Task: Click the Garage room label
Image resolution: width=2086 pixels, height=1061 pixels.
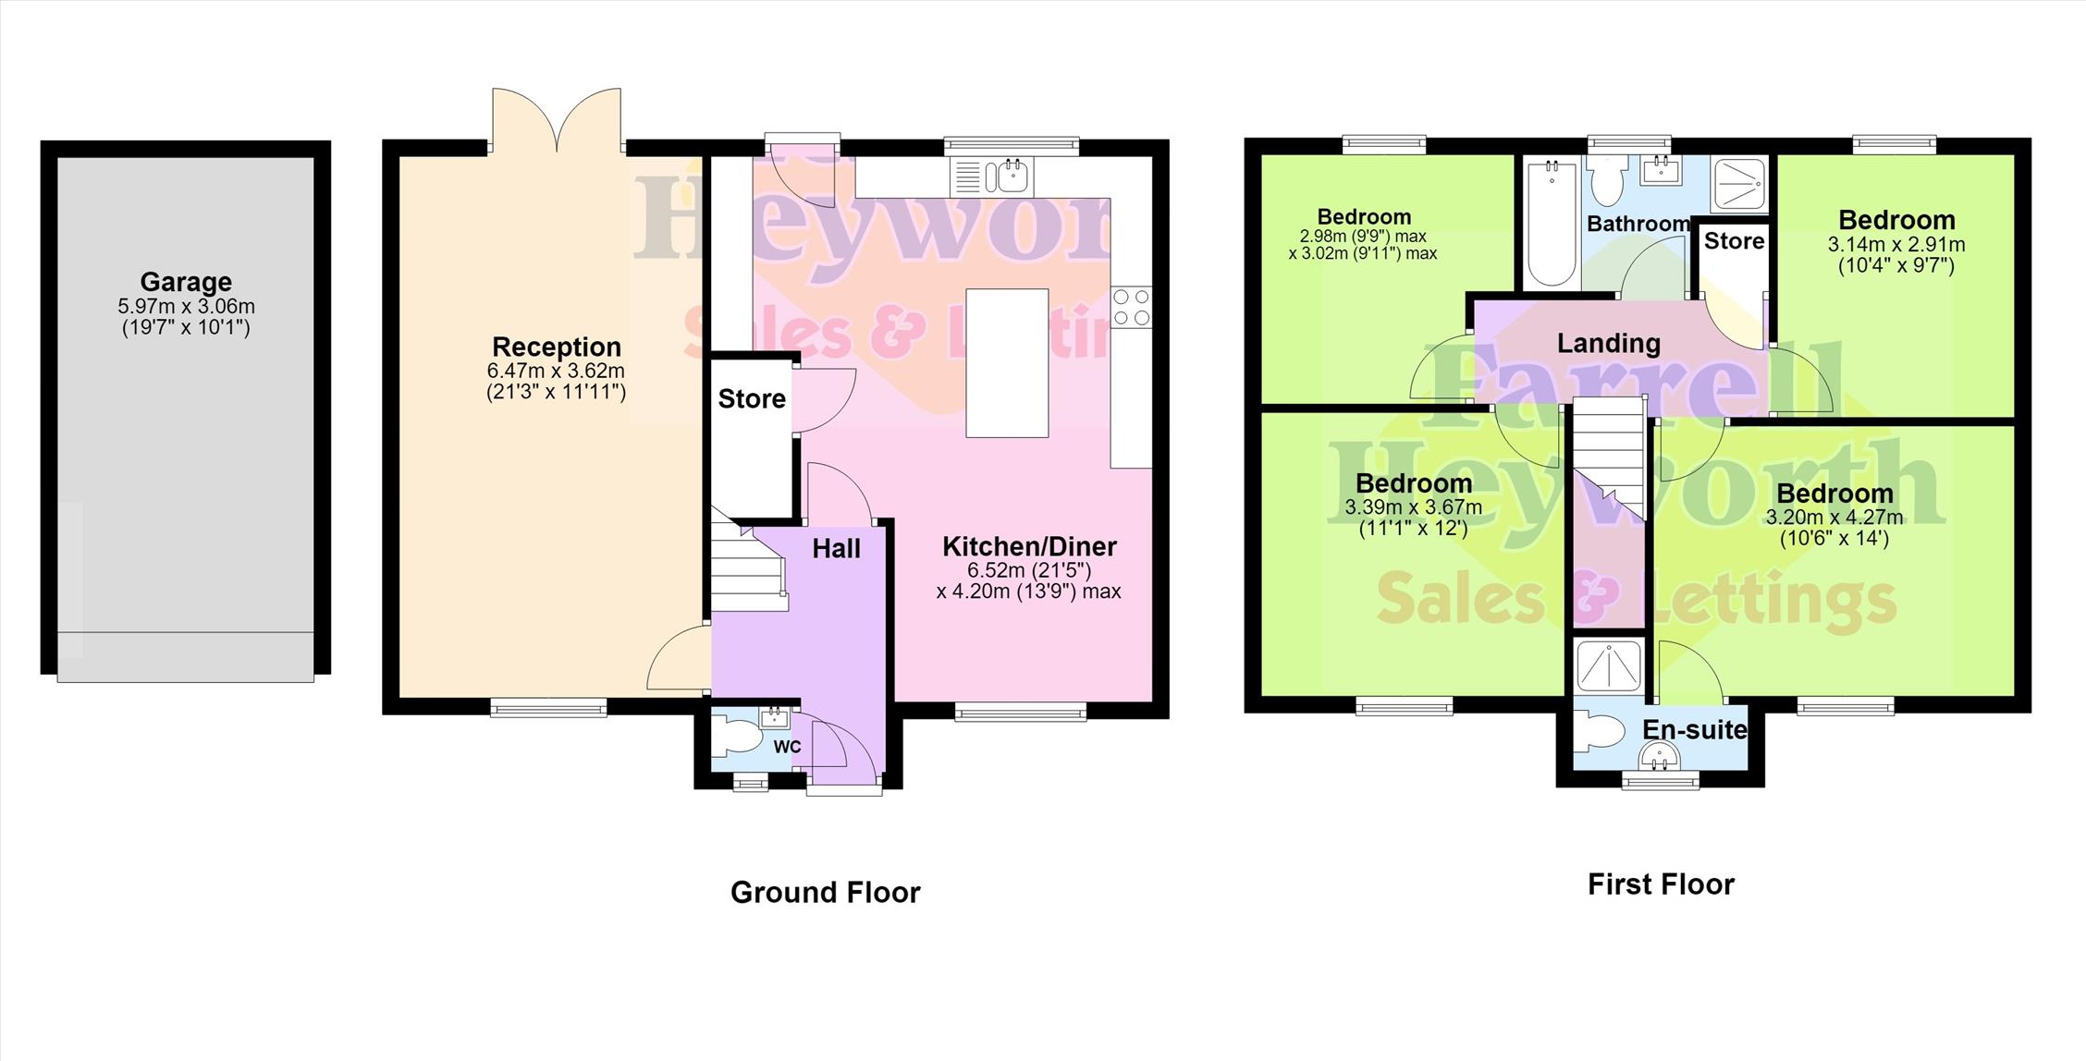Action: point(186,282)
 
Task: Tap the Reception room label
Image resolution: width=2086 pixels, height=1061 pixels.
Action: point(557,347)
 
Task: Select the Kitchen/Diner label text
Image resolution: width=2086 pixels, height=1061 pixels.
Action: point(1029,546)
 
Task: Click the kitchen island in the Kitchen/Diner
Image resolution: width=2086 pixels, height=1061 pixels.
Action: point(1007,362)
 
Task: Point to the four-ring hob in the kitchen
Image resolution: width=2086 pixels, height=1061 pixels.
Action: point(1132,308)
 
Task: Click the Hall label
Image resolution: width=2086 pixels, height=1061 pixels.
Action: point(836,549)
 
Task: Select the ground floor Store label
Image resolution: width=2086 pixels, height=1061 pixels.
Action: point(752,398)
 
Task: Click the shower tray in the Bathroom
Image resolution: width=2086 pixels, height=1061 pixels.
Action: point(1739,185)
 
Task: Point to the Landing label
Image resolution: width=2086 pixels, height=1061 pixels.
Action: point(1609,344)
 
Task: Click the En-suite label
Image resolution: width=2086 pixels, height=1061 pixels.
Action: point(1695,730)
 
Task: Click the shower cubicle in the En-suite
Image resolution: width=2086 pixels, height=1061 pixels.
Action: point(1609,666)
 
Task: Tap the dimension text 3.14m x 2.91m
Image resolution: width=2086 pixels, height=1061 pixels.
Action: point(1896,246)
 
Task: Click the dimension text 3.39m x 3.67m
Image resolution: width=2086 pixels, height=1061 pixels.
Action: point(1414,507)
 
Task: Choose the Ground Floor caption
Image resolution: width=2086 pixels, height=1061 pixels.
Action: point(826,892)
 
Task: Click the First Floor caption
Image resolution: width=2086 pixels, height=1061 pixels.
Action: point(1661,884)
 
